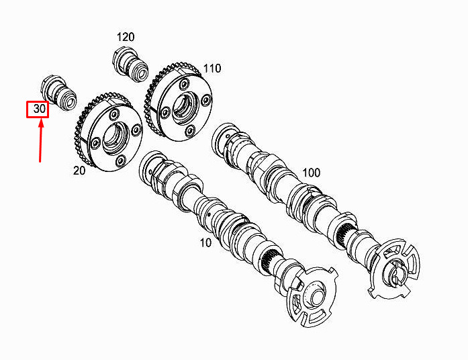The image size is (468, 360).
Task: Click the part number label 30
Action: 40,109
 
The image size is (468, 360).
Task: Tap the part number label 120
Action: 126,38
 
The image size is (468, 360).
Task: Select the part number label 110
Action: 212,69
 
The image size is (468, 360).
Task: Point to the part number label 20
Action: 79,171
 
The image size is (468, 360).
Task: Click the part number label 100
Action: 312,173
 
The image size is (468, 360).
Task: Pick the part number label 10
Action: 205,243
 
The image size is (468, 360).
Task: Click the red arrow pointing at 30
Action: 40,140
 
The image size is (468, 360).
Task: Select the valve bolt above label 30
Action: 58,93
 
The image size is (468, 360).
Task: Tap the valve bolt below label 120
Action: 130,64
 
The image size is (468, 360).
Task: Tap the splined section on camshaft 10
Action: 269,259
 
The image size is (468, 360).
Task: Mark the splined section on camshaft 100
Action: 346,234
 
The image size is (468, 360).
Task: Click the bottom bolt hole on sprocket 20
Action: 120,161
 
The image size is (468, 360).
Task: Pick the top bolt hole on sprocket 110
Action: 184,83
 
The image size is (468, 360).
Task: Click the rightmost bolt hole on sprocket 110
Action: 206,101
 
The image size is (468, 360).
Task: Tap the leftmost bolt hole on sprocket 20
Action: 96,144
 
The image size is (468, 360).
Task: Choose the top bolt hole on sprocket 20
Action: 114,114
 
